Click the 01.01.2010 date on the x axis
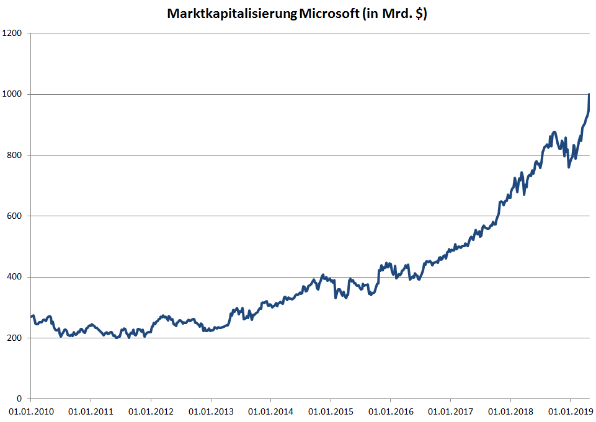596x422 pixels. click(x=30, y=411)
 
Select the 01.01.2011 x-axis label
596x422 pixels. click(x=91, y=411)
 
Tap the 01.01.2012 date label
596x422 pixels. click(x=150, y=411)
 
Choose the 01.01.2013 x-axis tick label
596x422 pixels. click(x=210, y=411)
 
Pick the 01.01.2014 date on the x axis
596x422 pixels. click(x=270, y=411)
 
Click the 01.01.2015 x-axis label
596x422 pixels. click(x=331, y=411)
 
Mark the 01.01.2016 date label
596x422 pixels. click(x=390, y=411)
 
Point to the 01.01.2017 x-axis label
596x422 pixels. click(x=450, y=411)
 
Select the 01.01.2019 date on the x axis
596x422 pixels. click(x=571, y=411)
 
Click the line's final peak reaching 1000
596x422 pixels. click(x=589, y=95)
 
